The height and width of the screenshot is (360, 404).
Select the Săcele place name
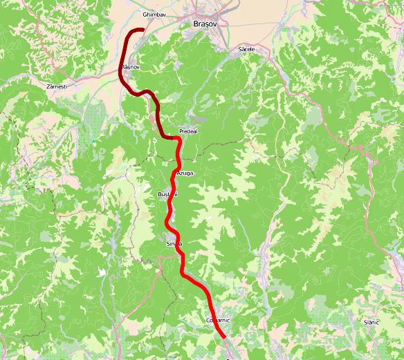(246, 50)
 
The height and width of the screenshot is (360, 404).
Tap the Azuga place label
(185, 173)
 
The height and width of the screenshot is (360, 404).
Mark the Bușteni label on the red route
(168, 195)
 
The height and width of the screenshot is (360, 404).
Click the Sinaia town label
(174, 244)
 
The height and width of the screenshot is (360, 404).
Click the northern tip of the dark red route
(143, 30)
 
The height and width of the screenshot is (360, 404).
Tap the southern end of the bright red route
(225, 337)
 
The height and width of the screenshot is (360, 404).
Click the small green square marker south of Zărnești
(93, 142)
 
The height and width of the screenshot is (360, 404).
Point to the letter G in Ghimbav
(143, 15)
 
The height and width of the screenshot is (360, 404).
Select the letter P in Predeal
(181, 131)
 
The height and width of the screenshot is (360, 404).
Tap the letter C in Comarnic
(208, 321)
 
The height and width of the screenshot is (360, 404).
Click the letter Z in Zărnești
(46, 88)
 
